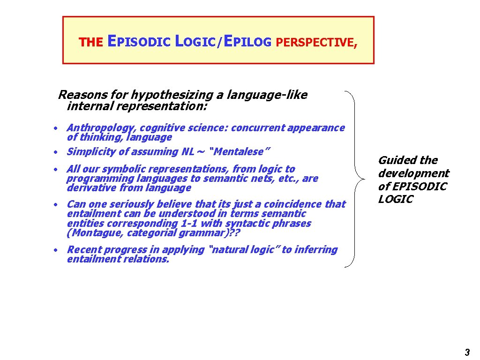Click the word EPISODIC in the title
(x=139, y=42)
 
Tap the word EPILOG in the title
(x=247, y=42)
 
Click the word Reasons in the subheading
(x=77, y=95)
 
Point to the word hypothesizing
(x=176, y=96)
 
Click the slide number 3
(x=467, y=352)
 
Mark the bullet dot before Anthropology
(x=55, y=128)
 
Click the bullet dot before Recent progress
(x=55, y=250)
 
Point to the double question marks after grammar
(x=235, y=233)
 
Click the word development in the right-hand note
(x=413, y=173)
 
